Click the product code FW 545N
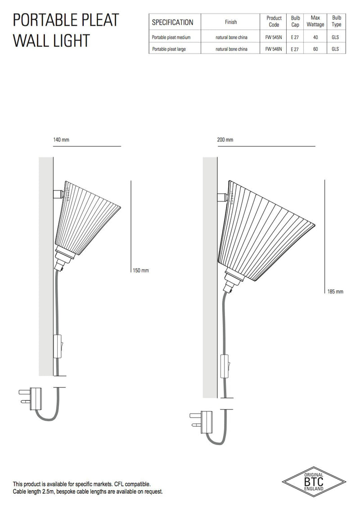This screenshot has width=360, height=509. [x=274, y=37]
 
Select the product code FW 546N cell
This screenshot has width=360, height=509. [x=274, y=49]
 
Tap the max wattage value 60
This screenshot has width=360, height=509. [x=315, y=49]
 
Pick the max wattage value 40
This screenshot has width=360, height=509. [x=315, y=37]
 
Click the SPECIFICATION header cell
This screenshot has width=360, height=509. [x=172, y=22]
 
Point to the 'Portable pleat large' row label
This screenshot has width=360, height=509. [x=169, y=49]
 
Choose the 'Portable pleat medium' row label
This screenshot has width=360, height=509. [x=171, y=37]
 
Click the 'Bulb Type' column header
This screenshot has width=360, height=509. [x=336, y=22]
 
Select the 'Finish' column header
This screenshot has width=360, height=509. [x=231, y=22]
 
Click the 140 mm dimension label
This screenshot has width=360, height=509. [x=61, y=140]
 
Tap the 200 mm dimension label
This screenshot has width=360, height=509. [x=225, y=140]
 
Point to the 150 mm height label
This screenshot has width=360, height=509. [x=140, y=270]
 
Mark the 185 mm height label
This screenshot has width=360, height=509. [x=335, y=292]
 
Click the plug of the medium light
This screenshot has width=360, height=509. [x=32, y=399]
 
